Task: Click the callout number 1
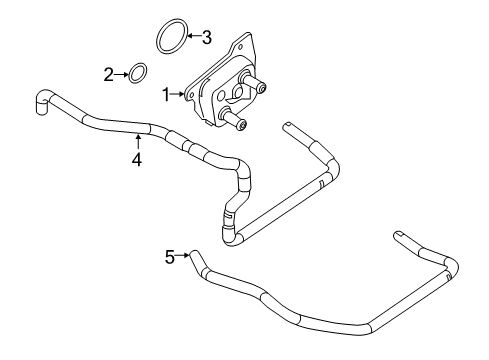(166, 94)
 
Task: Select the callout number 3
(206, 38)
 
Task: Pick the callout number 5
(170, 257)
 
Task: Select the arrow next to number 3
(193, 38)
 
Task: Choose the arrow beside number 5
(184, 257)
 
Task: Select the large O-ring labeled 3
(171, 37)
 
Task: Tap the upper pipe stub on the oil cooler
(260, 88)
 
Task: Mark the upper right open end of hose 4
(288, 127)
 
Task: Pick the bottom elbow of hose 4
(232, 236)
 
